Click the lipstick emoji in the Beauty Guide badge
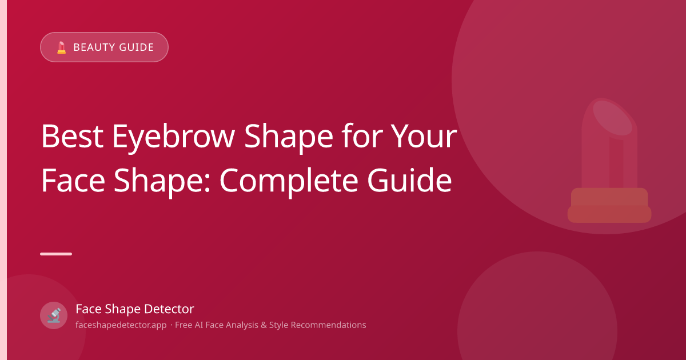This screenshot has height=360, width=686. (x=62, y=47)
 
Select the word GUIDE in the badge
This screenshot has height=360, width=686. (x=136, y=47)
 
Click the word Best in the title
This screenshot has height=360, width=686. (x=72, y=136)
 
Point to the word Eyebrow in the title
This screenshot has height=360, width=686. (x=174, y=138)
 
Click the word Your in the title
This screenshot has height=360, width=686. (x=425, y=136)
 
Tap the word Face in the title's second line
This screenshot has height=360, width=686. (x=73, y=180)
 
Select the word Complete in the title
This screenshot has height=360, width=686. (x=289, y=182)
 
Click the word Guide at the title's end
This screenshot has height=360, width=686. (x=409, y=180)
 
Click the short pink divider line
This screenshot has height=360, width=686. (x=56, y=254)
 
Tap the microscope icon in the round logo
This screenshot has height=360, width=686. (x=54, y=315)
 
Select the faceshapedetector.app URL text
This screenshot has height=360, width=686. (x=121, y=325)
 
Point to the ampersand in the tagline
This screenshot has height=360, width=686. (x=264, y=325)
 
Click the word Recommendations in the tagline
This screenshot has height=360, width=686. (x=328, y=325)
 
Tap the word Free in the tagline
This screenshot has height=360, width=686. (x=184, y=325)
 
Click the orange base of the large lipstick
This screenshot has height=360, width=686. (x=609, y=205)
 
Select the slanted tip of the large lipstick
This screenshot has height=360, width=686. (x=612, y=118)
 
